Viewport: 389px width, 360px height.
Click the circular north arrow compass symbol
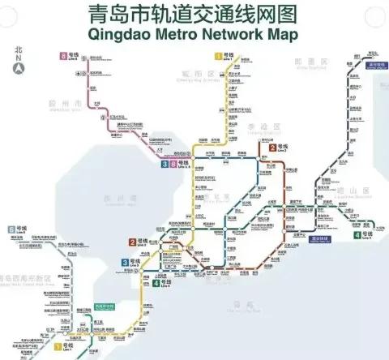pyautogui.click(x=18, y=69)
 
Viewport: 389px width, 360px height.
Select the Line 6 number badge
pyautogui.click(x=11, y=230)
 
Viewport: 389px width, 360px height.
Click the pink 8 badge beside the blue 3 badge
pyautogui.click(x=164, y=164)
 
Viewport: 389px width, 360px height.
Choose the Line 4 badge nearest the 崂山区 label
pyautogui.click(x=357, y=236)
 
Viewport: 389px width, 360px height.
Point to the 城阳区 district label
pyautogui.click(x=187, y=73)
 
